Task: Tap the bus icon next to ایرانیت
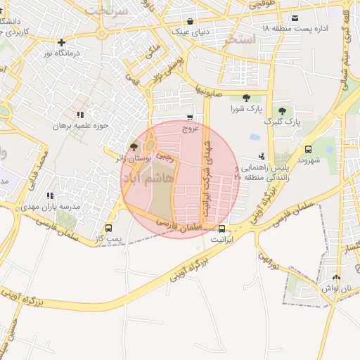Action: pos(222,229)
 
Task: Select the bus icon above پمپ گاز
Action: pos(108,228)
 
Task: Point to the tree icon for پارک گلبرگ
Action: pos(282,110)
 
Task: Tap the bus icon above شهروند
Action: pos(308,149)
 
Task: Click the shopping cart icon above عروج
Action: pos(191,118)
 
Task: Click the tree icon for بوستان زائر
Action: pos(134,146)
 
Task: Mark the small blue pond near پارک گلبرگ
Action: pos(255,137)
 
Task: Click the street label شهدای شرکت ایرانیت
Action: pos(206,172)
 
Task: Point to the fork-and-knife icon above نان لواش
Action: pos(335,277)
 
